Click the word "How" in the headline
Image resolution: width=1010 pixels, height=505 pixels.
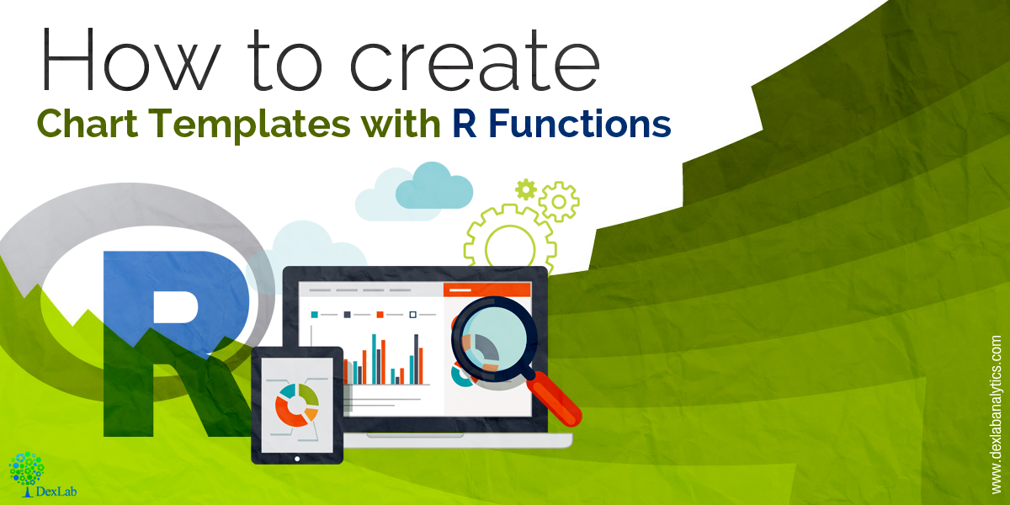pos(131,59)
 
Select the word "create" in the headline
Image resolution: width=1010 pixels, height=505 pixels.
pos(475,60)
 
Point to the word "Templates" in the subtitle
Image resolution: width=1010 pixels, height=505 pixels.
pos(249,124)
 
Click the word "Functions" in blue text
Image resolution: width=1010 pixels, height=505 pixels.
pos(579,123)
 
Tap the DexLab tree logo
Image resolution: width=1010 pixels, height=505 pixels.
pos(27,470)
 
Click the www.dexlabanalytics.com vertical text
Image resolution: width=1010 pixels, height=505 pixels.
pos(996,415)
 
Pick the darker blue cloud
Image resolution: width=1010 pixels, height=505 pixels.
pos(433,187)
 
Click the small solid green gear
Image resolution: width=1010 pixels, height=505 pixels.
pos(526,189)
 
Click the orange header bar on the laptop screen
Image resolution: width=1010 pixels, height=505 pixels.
pos(487,290)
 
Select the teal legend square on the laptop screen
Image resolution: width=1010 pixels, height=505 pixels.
pos(314,314)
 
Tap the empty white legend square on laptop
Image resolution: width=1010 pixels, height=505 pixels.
pos(412,314)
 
